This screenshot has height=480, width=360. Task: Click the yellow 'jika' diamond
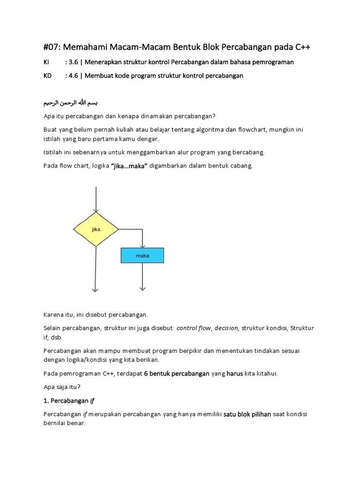tap(96, 229)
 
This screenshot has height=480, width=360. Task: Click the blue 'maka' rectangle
tap(142, 255)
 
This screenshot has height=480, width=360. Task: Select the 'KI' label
tap(46, 62)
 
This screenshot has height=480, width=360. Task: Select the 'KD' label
tap(47, 75)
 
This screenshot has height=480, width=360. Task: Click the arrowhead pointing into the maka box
tap(142, 246)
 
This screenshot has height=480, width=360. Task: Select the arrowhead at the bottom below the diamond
tap(96, 290)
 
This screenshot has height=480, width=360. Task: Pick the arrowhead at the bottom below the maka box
tap(142, 290)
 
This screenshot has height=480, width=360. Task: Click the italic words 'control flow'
tap(194, 328)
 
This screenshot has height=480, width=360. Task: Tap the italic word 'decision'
tap(226, 328)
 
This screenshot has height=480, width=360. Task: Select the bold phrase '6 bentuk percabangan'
tap(176, 374)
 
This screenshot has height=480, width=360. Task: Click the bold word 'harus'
tap(235, 374)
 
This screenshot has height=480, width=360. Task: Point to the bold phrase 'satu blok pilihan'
tap(247, 414)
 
